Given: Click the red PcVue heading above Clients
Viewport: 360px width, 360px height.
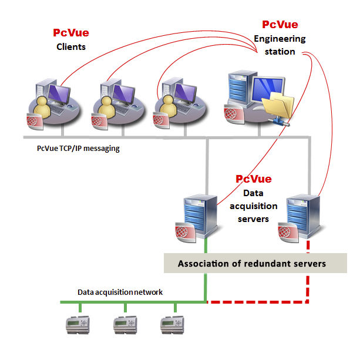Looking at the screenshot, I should [x=71, y=33].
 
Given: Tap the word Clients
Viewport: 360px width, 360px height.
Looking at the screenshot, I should [x=70, y=46].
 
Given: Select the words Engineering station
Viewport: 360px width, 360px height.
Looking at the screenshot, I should [x=280, y=45].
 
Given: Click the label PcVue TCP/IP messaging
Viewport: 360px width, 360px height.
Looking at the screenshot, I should [x=78, y=149].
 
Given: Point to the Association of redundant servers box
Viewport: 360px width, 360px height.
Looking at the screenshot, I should [x=251, y=264].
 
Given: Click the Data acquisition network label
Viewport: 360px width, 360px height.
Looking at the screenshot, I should [x=120, y=292].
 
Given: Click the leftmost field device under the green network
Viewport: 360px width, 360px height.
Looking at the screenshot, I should [x=77, y=323].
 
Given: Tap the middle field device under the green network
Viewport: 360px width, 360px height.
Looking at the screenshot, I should [x=125, y=323].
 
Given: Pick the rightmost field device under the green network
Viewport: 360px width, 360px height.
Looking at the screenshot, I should [x=174, y=323].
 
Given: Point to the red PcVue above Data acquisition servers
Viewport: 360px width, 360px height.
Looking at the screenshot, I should [x=254, y=179].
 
